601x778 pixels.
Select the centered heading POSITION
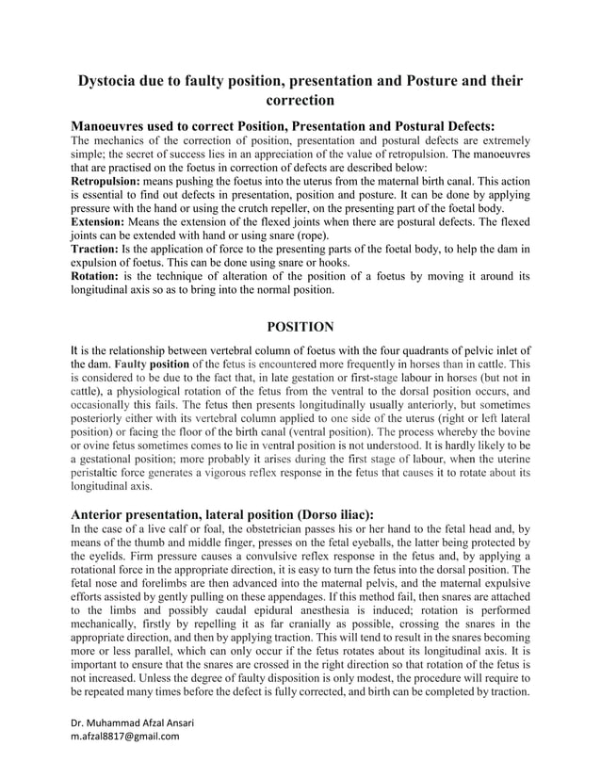300,327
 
